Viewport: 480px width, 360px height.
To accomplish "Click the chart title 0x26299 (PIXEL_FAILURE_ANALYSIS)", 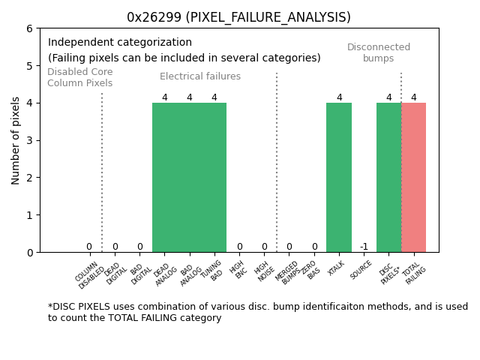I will point(238,17).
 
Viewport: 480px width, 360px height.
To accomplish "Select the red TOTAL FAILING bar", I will point(413,177).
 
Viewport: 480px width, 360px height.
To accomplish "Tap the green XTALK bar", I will point(339,177).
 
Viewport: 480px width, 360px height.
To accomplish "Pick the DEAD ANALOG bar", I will point(164,177).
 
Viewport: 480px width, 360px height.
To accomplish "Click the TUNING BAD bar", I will point(214,177).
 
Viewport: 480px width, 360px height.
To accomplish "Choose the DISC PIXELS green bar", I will point(388,177).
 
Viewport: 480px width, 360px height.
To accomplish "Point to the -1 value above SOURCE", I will point(364,247).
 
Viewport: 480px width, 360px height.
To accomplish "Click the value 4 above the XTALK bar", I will point(339,97).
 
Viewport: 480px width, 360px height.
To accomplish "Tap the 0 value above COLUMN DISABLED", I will point(88,247).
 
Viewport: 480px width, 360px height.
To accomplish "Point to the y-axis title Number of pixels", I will point(16,140).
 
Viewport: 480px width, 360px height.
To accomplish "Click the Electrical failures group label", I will point(200,76).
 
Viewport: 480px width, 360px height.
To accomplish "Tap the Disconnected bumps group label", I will point(379,52).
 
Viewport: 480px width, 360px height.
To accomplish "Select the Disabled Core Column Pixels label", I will point(80,77).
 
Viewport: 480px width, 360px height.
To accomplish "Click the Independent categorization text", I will point(120,43).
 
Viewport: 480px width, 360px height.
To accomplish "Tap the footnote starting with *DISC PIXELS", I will point(257,312).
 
